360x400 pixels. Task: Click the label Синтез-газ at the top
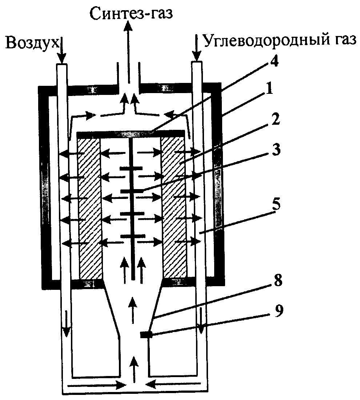130,14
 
